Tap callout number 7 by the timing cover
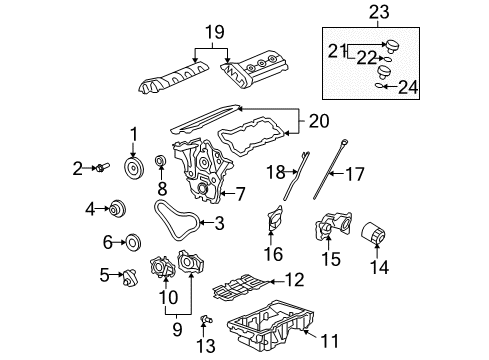tap(240, 193)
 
